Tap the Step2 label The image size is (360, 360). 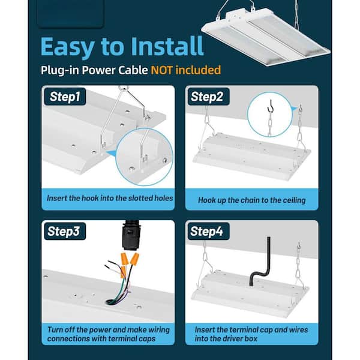pyautogui.click(x=207, y=97)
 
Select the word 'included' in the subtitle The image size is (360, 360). pyautogui.click(x=201, y=70)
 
